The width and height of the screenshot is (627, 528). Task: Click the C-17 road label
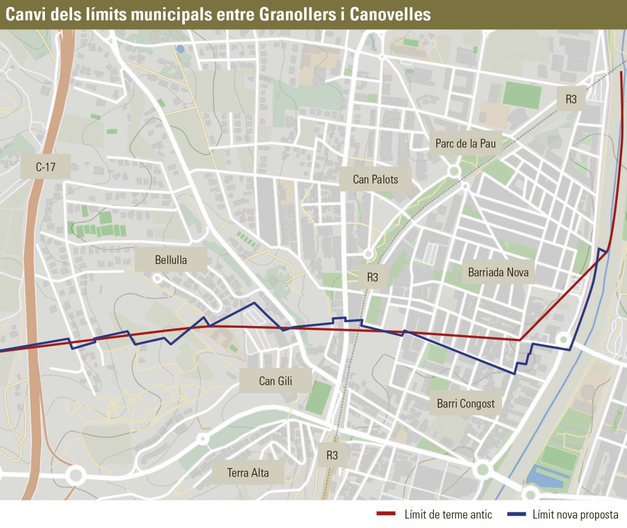coord(45,167)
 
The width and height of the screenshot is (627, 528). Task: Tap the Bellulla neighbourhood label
coord(171,260)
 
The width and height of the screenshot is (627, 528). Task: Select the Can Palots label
coord(375,179)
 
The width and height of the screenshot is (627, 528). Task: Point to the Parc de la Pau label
coord(466,143)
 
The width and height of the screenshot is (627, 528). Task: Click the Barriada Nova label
coord(498,272)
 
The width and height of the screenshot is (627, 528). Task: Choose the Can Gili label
coord(275,381)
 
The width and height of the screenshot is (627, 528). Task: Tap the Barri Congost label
coord(466,403)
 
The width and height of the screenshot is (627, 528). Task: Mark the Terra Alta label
coord(248,473)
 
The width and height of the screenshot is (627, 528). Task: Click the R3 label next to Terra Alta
coord(332,455)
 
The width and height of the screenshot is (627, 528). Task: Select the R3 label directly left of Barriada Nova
coord(372,277)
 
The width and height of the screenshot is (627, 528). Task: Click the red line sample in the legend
coord(386,514)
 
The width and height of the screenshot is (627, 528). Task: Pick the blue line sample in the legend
coord(516,514)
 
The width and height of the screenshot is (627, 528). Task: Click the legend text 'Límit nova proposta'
coord(575,514)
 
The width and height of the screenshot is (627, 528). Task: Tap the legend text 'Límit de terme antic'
coord(448,514)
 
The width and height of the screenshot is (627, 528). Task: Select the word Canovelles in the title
coord(390,14)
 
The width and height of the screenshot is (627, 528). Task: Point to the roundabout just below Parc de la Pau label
coord(454,171)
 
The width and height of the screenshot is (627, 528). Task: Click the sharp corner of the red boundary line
coord(520,340)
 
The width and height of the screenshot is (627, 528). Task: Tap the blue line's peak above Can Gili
coord(254,303)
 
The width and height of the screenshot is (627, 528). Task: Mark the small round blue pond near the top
coord(180,49)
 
